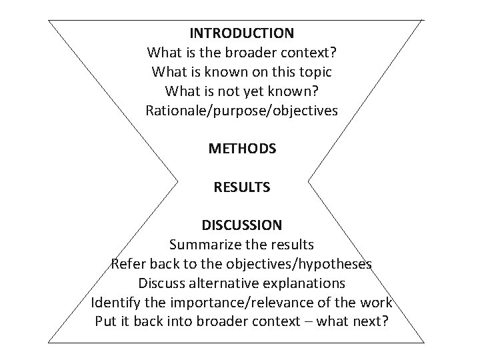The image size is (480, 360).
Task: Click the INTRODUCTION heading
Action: click(241, 32)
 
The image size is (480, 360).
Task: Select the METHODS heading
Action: click(242, 149)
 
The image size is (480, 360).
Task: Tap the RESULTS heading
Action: click(242, 187)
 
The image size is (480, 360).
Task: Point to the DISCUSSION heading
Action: click(242, 225)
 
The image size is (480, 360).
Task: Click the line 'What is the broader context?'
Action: click(241, 51)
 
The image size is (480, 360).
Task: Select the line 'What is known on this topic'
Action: click(241, 71)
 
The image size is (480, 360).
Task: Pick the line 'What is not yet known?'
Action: click(241, 91)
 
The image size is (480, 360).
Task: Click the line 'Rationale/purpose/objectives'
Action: click(241, 110)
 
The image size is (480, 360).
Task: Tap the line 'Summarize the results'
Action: click(241, 245)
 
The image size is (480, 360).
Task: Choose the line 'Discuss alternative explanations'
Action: click(241, 283)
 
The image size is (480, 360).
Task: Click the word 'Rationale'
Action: click(174, 110)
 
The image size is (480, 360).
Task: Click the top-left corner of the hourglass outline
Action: click(49, 20)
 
